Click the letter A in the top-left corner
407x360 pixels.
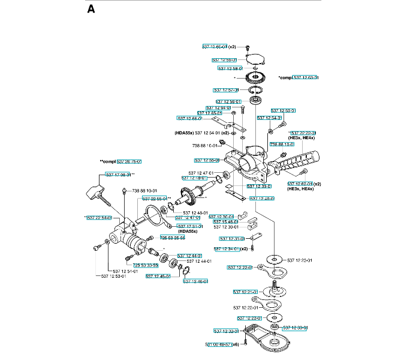tap(91, 9)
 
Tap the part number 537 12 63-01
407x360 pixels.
tap(305, 77)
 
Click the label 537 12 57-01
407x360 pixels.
tap(226, 90)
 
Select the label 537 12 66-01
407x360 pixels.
tap(189, 118)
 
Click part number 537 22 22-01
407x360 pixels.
tap(303, 133)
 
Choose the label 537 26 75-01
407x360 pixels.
tap(129, 161)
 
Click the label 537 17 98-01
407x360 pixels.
tap(118, 174)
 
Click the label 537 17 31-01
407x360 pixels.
tap(189, 226)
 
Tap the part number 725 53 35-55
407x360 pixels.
tap(172, 238)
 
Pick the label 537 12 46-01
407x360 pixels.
tap(195, 281)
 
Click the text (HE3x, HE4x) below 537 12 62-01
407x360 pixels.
tap(302, 189)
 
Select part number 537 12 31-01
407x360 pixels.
tap(231, 239)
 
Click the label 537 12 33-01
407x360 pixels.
tap(296, 328)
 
